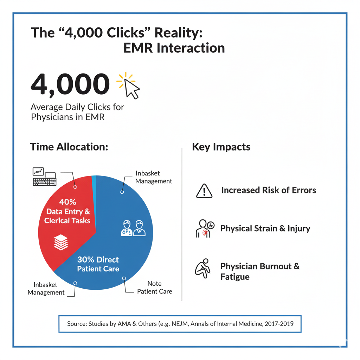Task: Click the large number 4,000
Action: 70,84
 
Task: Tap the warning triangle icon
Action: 204,191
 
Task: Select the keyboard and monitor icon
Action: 44,176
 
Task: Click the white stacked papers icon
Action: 61,242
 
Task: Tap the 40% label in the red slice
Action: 67,202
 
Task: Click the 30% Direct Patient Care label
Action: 98,264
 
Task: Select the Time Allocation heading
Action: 69,147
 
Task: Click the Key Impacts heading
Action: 221,147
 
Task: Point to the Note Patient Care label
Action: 155,287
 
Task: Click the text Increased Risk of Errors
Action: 269,190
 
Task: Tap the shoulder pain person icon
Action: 205,229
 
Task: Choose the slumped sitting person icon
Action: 202,268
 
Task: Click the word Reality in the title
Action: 178,32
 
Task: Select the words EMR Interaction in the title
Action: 174,48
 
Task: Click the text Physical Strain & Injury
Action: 265,229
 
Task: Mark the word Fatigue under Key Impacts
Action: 235,277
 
